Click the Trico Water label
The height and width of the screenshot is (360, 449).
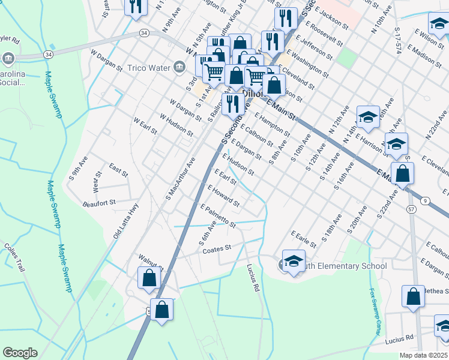[x=149, y=68]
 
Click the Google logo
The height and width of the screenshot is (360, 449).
[x=20, y=353]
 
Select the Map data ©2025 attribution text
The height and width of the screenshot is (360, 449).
[x=423, y=355]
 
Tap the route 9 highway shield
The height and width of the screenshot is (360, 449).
[x=425, y=200]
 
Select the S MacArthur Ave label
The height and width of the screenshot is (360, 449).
[x=181, y=178]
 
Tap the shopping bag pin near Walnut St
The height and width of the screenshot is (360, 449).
[x=149, y=278]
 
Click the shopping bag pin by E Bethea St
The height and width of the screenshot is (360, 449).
[x=413, y=296]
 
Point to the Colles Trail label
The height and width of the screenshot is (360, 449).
[x=14, y=257]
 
